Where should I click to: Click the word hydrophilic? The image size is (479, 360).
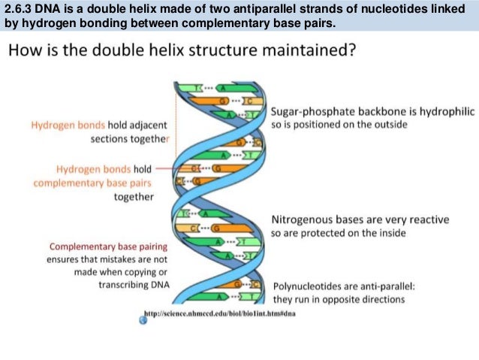447,111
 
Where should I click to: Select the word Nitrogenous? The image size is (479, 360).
300,219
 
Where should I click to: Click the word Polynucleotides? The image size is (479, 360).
306,286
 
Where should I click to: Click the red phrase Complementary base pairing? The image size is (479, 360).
108,247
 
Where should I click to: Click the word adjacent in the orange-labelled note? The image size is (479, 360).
152,126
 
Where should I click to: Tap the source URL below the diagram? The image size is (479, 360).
220,313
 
